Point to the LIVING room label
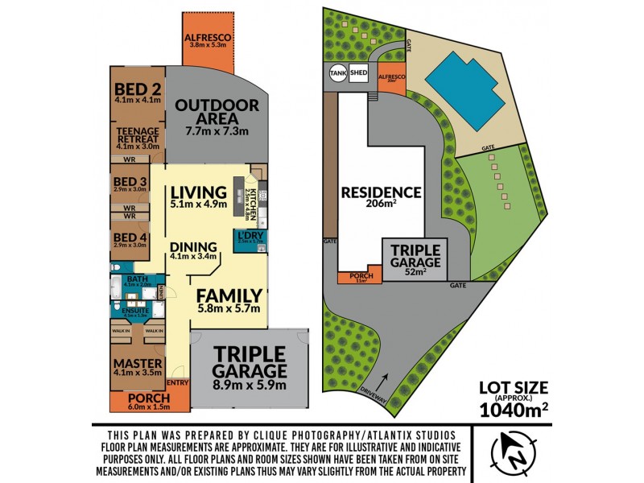point(198,193)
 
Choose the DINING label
point(193,247)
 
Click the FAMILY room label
point(229,295)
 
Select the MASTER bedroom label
point(137,364)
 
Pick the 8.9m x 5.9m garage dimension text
point(250,386)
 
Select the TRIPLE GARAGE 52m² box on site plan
point(415,260)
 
